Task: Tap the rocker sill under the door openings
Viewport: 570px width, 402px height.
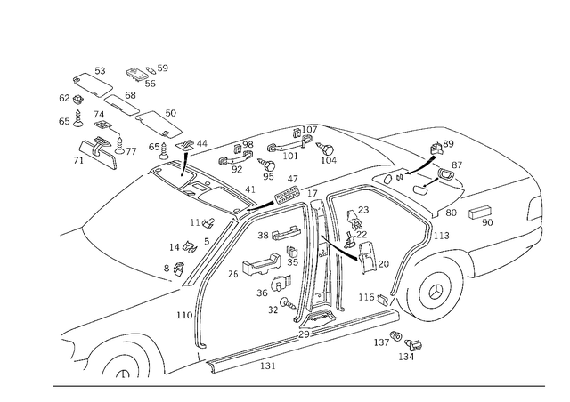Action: pos(294,342)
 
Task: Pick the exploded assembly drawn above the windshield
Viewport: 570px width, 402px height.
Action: pos(116,125)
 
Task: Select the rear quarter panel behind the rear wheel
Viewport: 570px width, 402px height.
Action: pos(499,258)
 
